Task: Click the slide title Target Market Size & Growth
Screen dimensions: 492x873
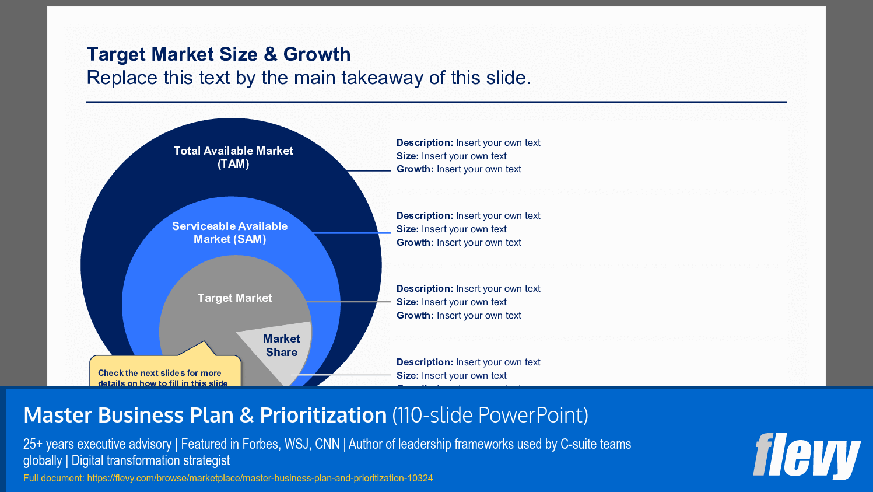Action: click(219, 54)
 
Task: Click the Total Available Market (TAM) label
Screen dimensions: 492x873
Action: click(233, 157)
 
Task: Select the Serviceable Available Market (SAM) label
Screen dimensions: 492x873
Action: click(230, 232)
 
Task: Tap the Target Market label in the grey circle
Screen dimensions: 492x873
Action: click(234, 298)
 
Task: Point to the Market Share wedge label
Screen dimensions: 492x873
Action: click(282, 346)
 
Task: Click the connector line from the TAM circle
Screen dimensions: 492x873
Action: click(369, 170)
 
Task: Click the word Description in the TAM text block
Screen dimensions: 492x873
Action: click(424, 143)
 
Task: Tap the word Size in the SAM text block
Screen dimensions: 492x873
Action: click(407, 229)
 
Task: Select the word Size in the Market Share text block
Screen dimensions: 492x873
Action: click(407, 376)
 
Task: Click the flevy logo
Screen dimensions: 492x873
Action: click(807, 456)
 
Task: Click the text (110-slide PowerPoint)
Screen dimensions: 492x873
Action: click(490, 416)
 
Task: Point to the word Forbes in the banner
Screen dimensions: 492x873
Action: click(260, 444)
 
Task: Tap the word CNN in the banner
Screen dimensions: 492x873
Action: click(327, 444)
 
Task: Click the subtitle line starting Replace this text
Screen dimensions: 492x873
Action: click(308, 78)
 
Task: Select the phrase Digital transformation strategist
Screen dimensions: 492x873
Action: click(150, 460)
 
